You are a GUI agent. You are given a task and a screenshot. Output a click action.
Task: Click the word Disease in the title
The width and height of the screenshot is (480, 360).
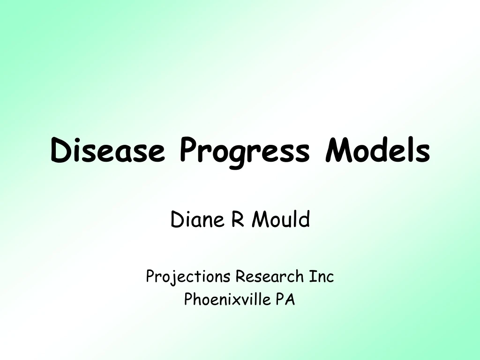pyautogui.click(x=108, y=151)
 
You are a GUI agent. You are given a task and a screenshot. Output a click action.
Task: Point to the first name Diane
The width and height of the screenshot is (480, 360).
pyautogui.click(x=195, y=219)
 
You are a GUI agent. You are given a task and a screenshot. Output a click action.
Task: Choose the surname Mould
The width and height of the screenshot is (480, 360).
pyautogui.click(x=280, y=219)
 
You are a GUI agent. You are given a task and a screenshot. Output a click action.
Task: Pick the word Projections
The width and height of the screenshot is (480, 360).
pyautogui.click(x=188, y=277)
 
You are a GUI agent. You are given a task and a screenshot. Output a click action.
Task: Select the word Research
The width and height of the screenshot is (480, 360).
pyautogui.click(x=270, y=277)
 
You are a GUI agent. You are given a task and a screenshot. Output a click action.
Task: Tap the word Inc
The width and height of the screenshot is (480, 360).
pyautogui.click(x=321, y=277)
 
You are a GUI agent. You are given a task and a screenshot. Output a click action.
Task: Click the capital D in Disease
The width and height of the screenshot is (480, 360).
pyautogui.click(x=60, y=151)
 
